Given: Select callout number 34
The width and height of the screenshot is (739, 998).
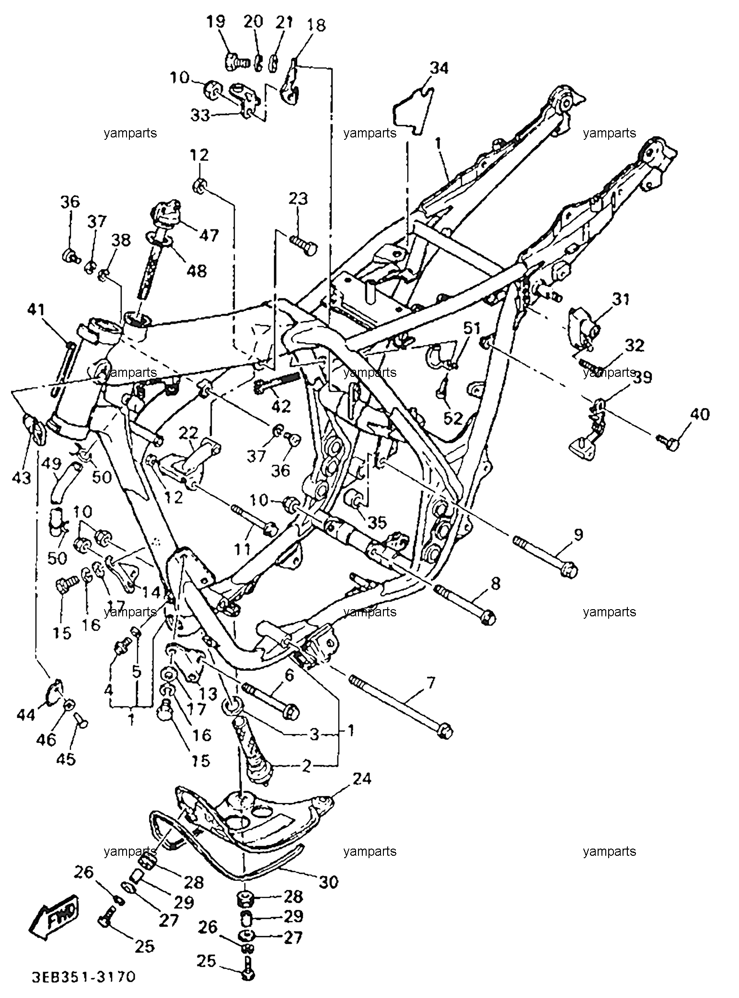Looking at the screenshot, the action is (x=439, y=68).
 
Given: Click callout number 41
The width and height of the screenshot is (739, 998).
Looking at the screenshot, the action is (x=36, y=310).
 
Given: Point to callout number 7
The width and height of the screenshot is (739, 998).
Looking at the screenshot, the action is (x=430, y=682).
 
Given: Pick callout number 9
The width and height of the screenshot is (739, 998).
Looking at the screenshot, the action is (x=578, y=534).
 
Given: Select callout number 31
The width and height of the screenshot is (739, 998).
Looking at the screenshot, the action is (x=622, y=299).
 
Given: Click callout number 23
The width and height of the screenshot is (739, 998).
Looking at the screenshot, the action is (x=299, y=198).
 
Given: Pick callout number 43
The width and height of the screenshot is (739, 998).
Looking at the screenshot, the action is (x=21, y=477).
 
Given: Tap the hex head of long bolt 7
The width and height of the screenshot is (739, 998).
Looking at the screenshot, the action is (x=445, y=732).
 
